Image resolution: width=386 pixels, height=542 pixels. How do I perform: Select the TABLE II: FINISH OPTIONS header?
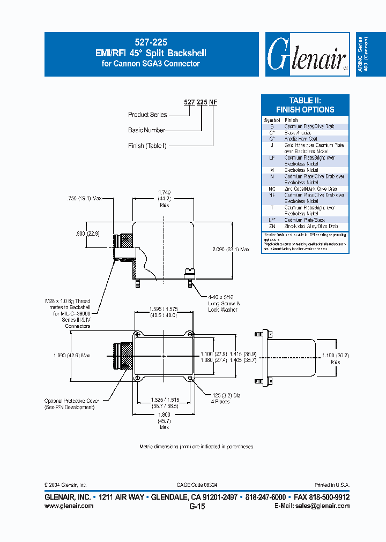click(305, 105)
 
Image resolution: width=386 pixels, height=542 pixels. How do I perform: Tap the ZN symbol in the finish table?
click(272, 227)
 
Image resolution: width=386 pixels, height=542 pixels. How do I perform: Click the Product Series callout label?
click(147, 115)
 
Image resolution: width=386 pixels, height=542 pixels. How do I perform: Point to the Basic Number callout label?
click(146, 130)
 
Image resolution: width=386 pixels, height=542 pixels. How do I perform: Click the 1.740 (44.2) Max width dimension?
click(164, 199)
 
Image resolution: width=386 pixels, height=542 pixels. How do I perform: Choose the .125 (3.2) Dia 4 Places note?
click(223, 398)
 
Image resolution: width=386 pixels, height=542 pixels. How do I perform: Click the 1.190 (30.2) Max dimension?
click(336, 357)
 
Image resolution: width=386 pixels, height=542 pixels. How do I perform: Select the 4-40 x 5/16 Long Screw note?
click(224, 304)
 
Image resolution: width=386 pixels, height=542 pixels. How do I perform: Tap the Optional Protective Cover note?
click(69, 404)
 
